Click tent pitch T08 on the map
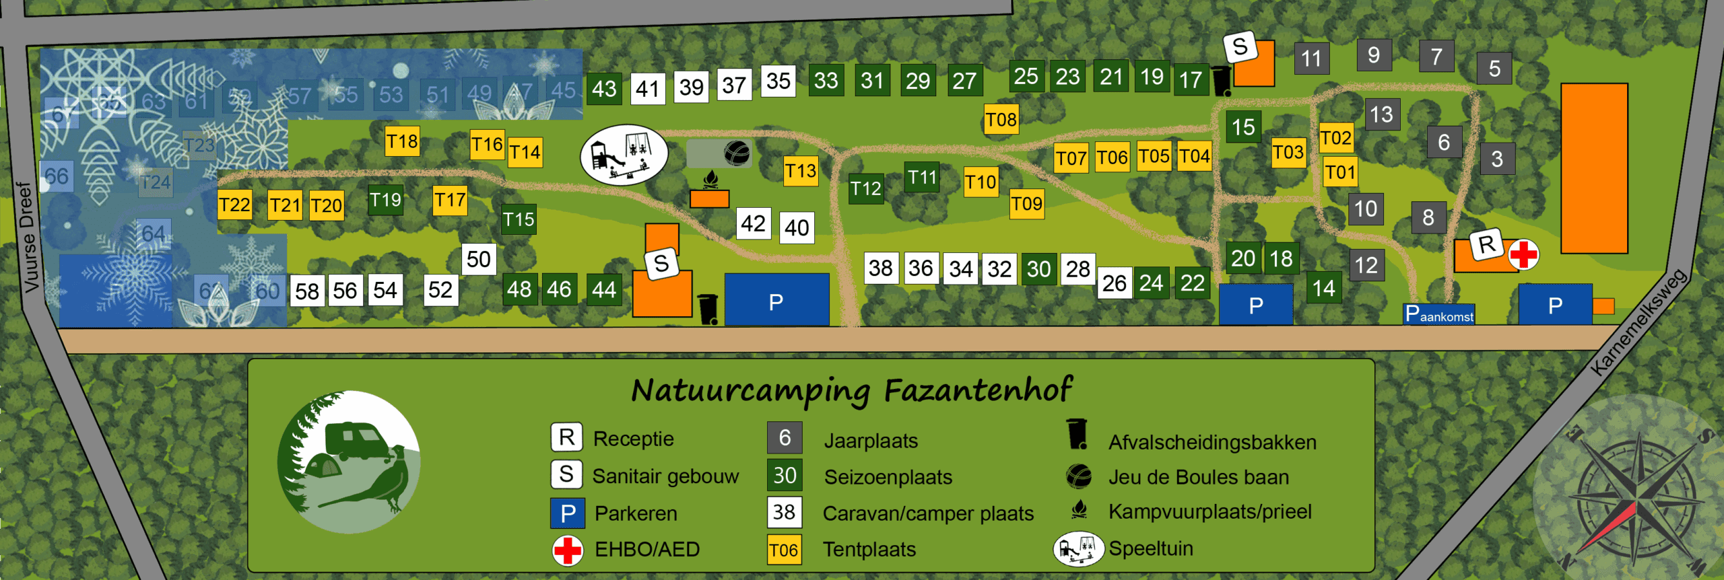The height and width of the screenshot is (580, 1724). (x=1001, y=120)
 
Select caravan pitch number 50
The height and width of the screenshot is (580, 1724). (x=478, y=259)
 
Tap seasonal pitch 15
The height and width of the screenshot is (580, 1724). (x=1243, y=127)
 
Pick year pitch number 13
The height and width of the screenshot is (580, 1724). (x=1381, y=114)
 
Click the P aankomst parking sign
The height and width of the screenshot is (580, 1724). (x=1439, y=314)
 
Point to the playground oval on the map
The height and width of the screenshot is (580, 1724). (x=624, y=155)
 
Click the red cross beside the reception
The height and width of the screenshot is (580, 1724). (x=1523, y=255)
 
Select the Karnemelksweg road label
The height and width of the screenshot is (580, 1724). (x=1638, y=321)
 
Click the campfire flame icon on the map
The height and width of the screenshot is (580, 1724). (x=710, y=180)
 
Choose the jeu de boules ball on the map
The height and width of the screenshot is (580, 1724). (x=737, y=153)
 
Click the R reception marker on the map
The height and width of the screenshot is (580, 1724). (x=1486, y=244)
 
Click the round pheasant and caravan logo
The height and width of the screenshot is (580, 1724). (x=349, y=462)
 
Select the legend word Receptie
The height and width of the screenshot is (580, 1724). (x=633, y=439)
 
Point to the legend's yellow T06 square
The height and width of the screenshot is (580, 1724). (x=784, y=550)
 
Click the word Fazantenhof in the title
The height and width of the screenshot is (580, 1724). (x=977, y=390)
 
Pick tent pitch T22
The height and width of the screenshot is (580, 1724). (x=234, y=205)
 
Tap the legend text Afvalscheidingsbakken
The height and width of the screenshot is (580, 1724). (x=1212, y=442)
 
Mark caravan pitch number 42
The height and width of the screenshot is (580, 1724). (x=753, y=223)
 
